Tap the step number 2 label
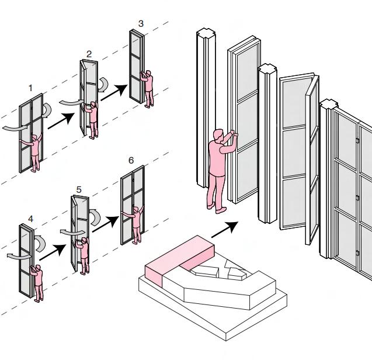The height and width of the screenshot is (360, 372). click(89, 54)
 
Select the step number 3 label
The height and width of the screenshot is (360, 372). click(141, 23)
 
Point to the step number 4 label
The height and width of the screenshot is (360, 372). click(30, 220)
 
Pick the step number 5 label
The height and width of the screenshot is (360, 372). click(78, 189)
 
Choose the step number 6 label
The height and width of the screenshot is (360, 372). click(131, 160)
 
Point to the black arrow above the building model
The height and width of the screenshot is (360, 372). click(226, 228)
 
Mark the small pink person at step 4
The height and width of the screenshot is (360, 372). click(39, 283)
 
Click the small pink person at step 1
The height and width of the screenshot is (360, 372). click(36, 151)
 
